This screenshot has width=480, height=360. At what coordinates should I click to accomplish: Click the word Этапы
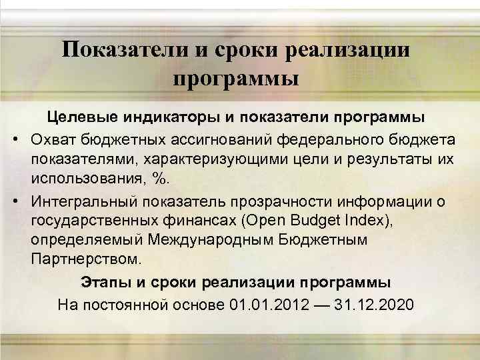tap(103, 280)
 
